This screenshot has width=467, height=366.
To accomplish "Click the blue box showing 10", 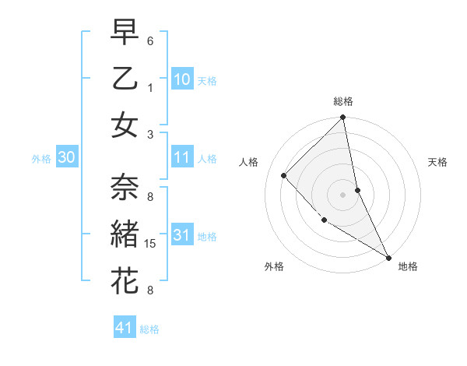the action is click(x=182, y=79).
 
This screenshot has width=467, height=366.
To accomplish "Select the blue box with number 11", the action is click(x=182, y=158).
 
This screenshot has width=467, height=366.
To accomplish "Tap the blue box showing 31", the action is click(x=182, y=235).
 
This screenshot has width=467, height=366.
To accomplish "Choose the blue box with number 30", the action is click(x=66, y=158).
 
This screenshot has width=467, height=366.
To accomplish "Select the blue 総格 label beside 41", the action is click(x=149, y=329).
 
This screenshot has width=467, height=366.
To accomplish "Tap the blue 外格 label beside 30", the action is click(x=41, y=159).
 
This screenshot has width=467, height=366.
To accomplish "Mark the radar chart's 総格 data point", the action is click(x=342, y=118).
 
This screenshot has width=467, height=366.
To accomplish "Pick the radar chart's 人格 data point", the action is click(x=284, y=175).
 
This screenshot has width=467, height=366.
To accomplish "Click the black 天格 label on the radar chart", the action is click(x=438, y=162).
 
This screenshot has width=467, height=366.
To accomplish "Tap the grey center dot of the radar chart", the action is click(x=342, y=194).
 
